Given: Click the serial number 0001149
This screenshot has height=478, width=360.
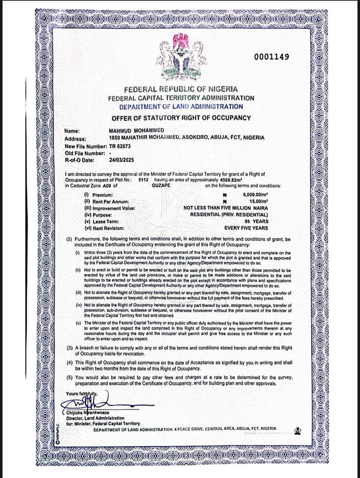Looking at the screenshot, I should click(x=271, y=57).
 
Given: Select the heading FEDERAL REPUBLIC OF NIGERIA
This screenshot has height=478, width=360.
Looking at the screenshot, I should click(x=181, y=89).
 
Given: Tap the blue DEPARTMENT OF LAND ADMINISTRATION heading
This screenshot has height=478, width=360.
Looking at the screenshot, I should click(x=181, y=107).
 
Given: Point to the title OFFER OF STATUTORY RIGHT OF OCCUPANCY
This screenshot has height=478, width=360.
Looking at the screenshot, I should click(x=181, y=118).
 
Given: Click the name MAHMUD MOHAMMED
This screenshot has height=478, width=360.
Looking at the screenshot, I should click(x=136, y=131).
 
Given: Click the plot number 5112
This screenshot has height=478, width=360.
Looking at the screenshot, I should click(x=143, y=180).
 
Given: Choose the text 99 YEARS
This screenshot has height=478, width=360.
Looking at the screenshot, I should click(x=256, y=221).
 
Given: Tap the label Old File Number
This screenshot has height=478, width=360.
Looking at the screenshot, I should click(x=85, y=153).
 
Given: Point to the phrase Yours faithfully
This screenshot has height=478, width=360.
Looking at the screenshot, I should click(x=81, y=393).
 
